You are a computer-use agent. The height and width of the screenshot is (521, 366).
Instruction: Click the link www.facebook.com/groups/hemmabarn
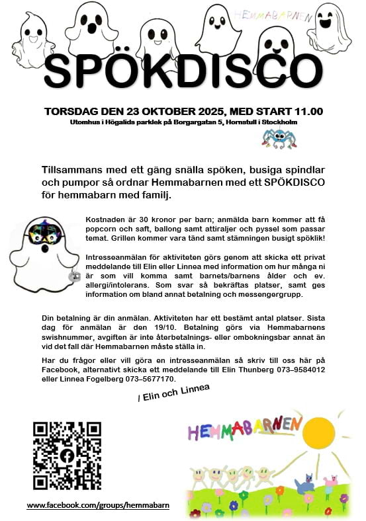(x=98, y=505)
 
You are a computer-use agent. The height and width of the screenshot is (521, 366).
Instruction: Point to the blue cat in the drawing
(x=306, y=486)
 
